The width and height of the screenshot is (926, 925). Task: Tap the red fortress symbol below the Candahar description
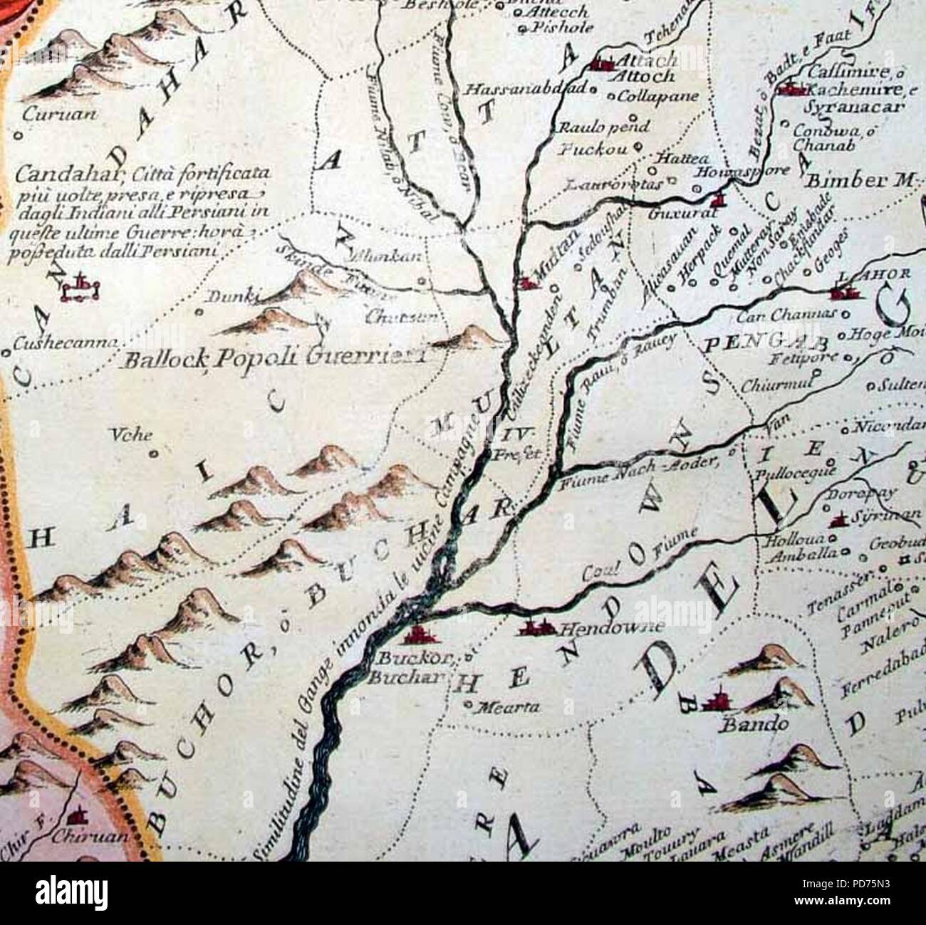click(x=81, y=287)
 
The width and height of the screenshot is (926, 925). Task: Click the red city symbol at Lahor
click(x=845, y=290)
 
